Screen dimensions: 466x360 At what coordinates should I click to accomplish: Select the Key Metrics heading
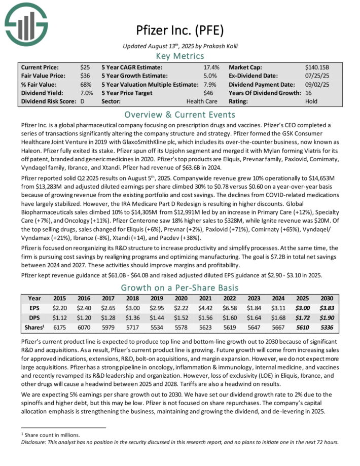(x=180, y=55)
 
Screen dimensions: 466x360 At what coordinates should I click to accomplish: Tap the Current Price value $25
(x=85, y=67)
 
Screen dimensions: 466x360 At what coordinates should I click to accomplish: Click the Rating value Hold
(x=312, y=101)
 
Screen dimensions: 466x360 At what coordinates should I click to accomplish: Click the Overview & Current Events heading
(x=180, y=114)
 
